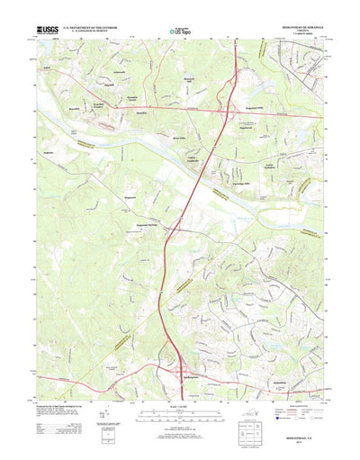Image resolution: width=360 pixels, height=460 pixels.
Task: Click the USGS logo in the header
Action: tap(45, 30)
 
